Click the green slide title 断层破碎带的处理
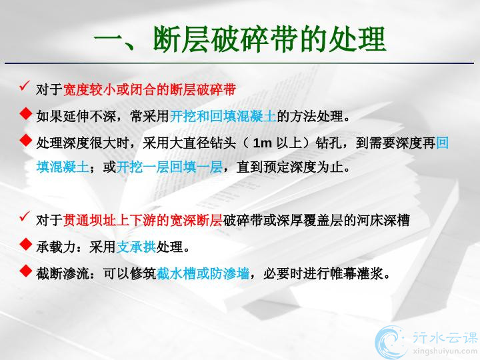pyautogui.click(x=269, y=39)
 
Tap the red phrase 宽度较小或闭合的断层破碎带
pyautogui.click(x=149, y=90)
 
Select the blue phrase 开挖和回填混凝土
pyautogui.click(x=223, y=116)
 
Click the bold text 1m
pyautogui.click(x=263, y=143)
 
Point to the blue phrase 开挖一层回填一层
pyautogui.click(x=169, y=167)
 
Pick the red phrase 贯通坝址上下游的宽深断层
pyautogui.click(x=143, y=221)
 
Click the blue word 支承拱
pyautogui.click(x=136, y=247)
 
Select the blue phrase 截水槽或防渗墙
pyautogui.click(x=203, y=273)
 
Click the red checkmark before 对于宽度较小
pyautogui.click(x=25, y=86)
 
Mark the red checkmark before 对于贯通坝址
pyautogui.click(x=25, y=217)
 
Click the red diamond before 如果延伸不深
pyautogui.click(x=26, y=113)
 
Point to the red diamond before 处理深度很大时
pyautogui.click(x=26, y=140)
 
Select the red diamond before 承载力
pyautogui.click(x=26, y=244)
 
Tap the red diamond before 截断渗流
pyautogui.click(x=26, y=271)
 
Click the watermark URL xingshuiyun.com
pyautogui.click(x=445, y=351)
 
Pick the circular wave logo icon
pyautogui.click(x=391, y=342)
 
